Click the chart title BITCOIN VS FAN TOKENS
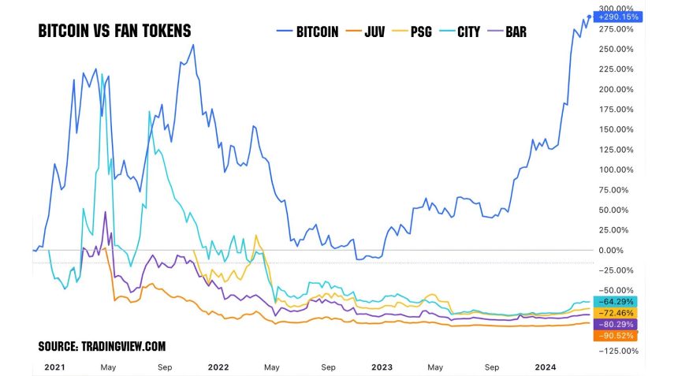[x=114, y=31]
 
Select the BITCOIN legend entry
[x=309, y=32]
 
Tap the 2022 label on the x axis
[x=218, y=367]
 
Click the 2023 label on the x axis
[x=382, y=367]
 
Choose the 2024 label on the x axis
[x=545, y=367]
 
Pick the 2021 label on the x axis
[x=54, y=367]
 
